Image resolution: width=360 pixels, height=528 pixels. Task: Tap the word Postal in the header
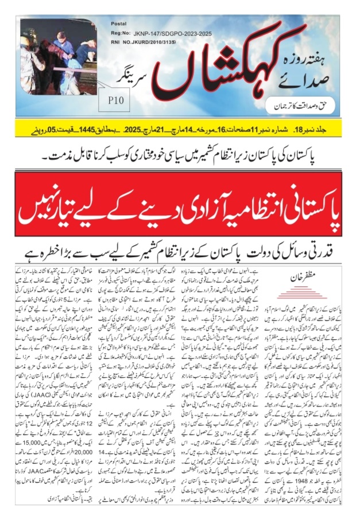point(118,25)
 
